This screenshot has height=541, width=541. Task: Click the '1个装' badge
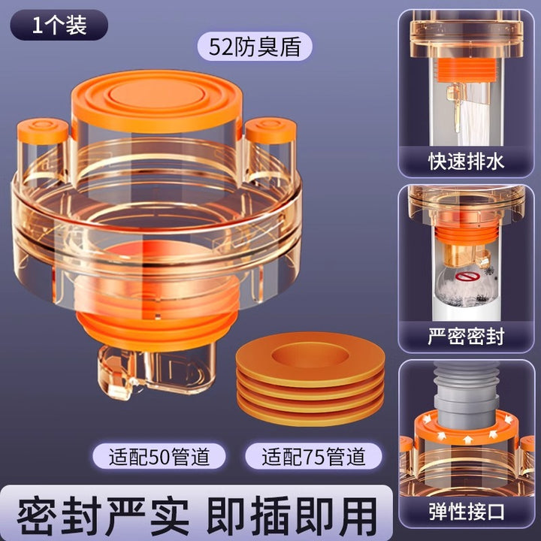point(59,25)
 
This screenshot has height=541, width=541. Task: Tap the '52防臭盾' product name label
point(255,47)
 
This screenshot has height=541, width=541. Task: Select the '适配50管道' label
point(159,456)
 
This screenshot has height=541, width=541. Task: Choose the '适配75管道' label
point(313,456)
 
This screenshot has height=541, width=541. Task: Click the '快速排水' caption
point(466,161)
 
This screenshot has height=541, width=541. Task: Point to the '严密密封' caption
point(466,336)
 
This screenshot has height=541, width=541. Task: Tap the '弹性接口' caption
point(466,512)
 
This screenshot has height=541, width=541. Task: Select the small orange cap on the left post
point(42,131)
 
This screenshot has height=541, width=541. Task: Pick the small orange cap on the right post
point(270,130)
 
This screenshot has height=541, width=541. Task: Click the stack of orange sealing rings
point(310,378)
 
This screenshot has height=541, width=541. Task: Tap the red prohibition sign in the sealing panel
point(464,277)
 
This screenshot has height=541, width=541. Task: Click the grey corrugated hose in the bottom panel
point(466,395)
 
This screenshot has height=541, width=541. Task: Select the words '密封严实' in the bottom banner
point(103,515)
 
